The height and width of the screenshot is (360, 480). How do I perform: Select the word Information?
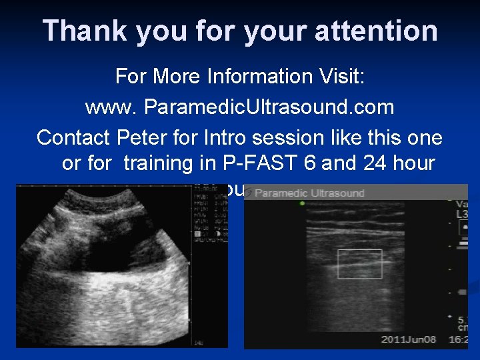(x=242, y=76)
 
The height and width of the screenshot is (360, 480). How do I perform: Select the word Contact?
(x=73, y=138)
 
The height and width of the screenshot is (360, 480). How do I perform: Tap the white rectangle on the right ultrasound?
(x=360, y=264)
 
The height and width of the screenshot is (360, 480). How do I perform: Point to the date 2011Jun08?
(x=408, y=339)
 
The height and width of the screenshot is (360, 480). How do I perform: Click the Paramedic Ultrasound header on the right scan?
(x=309, y=193)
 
